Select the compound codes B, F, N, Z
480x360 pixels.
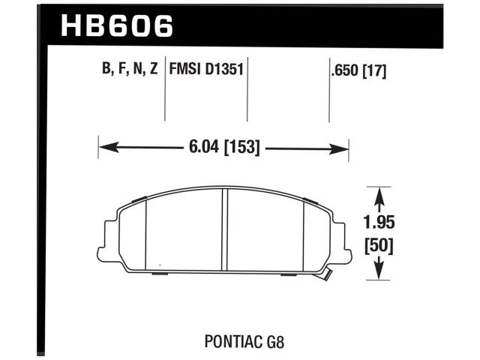coord(129,70)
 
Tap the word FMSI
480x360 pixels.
coord(188,70)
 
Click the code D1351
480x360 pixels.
coord(226,70)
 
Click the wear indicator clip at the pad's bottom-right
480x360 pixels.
coord(327,276)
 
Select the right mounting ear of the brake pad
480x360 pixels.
coord(346,238)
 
